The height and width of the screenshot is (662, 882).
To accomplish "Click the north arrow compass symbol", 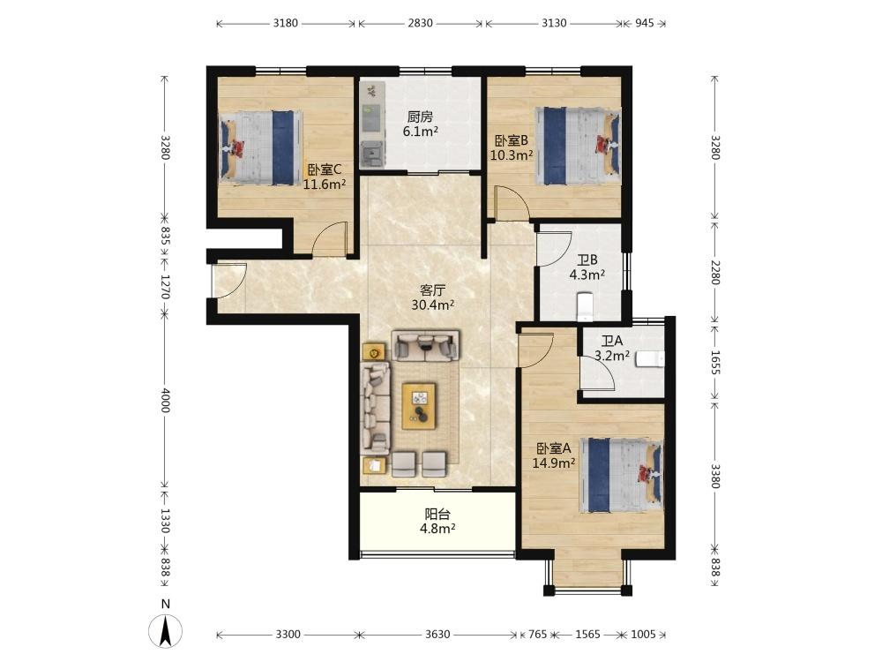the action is point(165,630).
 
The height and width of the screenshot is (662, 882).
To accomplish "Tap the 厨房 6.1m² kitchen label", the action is point(420,124).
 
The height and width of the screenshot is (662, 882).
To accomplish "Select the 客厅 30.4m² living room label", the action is point(432,297).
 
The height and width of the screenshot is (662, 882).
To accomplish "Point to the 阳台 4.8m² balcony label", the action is point(437,522).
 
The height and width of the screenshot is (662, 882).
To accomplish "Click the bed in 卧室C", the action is point(260,147).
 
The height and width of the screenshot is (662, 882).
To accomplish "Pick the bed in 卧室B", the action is point(578,146).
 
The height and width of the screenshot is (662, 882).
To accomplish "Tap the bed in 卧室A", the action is point(622,476).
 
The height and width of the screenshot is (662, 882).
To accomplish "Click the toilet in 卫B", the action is point(585,306).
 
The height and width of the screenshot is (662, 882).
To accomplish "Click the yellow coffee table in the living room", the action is point(419,406).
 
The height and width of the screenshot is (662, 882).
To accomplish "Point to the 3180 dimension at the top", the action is point(286,23).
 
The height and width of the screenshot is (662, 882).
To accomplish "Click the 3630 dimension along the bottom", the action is point(437,635).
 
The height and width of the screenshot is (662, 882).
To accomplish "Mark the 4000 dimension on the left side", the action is point(165,400).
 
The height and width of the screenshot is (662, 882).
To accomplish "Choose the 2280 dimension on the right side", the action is point(714,272).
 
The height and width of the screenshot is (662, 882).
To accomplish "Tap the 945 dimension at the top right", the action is point(645,23).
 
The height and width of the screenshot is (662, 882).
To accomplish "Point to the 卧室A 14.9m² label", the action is point(554,455).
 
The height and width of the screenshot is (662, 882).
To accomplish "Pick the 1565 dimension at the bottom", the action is point(587,635).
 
